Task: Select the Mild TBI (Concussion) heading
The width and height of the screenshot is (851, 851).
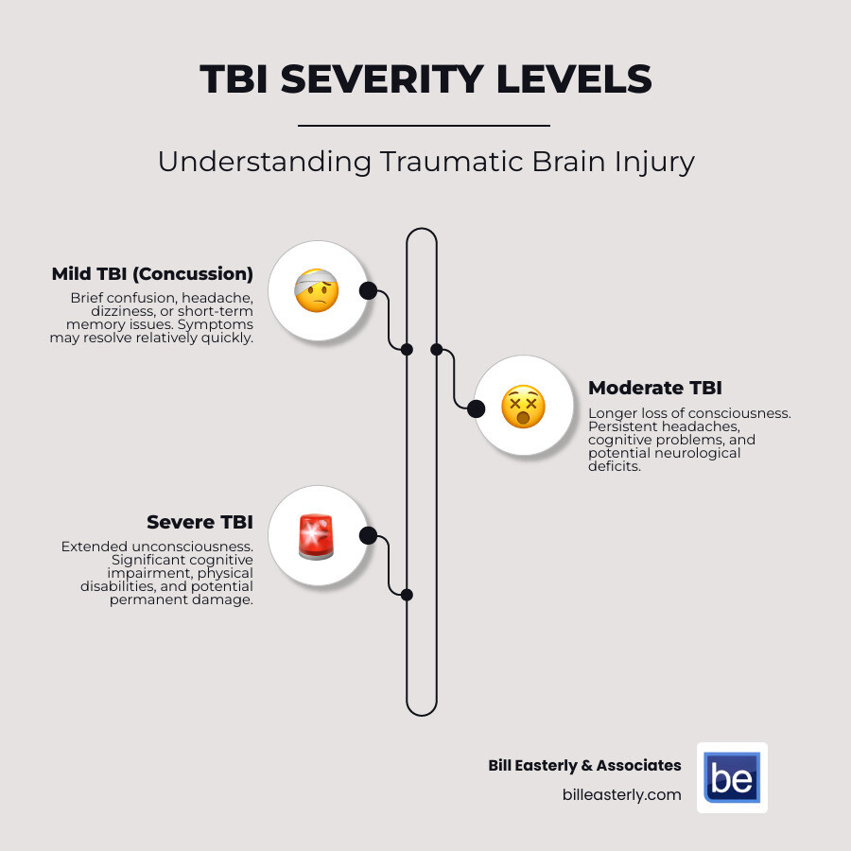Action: [152, 274]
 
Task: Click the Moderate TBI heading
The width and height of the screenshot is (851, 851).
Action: [655, 388]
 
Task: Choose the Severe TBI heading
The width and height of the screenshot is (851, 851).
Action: [200, 522]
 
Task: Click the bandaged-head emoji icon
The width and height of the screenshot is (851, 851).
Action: [317, 290]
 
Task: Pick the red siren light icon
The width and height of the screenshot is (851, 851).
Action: [317, 536]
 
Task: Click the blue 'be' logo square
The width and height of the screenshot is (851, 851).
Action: [732, 777]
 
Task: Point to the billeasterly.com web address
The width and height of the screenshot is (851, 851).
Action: [621, 795]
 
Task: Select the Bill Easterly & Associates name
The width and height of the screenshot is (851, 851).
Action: [584, 765]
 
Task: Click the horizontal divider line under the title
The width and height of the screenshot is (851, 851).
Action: [424, 125]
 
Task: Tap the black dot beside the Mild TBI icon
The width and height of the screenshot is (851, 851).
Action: [368, 290]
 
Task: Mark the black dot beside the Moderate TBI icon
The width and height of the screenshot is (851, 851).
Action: [476, 408]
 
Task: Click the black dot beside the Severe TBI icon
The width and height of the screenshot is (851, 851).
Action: [368, 536]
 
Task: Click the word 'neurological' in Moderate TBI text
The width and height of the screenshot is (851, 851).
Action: [700, 453]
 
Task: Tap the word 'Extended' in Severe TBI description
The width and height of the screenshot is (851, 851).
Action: [92, 547]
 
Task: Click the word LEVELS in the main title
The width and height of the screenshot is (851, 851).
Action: [577, 80]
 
